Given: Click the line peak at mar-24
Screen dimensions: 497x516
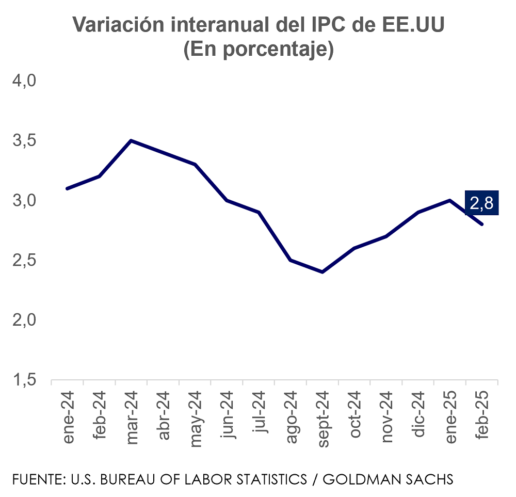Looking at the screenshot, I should (131, 140).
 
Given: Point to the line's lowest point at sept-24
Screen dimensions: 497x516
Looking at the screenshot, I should (322, 272).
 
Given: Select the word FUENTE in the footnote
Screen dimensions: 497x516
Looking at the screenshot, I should (35, 479).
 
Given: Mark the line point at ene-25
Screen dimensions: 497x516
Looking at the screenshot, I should (450, 200).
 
